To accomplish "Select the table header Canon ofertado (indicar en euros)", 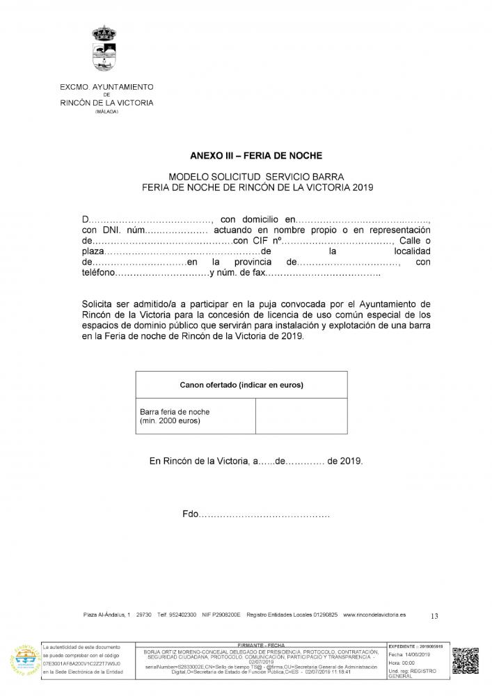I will click(x=241, y=384).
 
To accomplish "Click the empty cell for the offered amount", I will click(x=301, y=416).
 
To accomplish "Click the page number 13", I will click(x=435, y=615).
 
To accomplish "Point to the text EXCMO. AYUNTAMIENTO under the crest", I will click(x=105, y=86).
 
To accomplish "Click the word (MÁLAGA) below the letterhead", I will click(x=106, y=111).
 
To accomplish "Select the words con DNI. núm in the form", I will click(x=112, y=230).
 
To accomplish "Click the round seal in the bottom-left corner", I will click(x=24, y=661).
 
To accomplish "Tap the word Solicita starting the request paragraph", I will click(x=100, y=304).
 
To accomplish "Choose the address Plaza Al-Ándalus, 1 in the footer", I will click(x=106, y=615).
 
